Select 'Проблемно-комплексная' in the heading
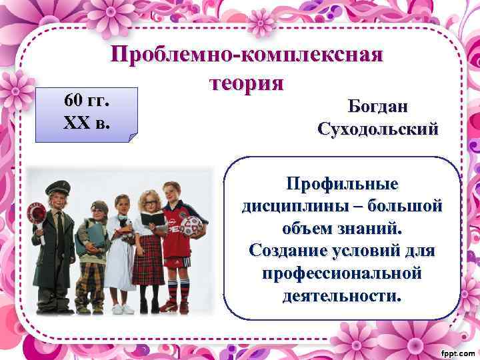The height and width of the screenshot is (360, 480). pos(247,55)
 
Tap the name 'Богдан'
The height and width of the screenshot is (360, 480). pos(379,106)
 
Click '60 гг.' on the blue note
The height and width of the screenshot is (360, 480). pos(87,101)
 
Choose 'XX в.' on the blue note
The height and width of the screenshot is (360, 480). pos(87,123)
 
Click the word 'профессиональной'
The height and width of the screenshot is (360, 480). pos(342,273)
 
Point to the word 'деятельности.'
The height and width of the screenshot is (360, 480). pos(342,295)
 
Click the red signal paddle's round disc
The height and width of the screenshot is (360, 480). pos(37,211)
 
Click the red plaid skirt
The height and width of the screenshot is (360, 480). pos(148,264)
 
